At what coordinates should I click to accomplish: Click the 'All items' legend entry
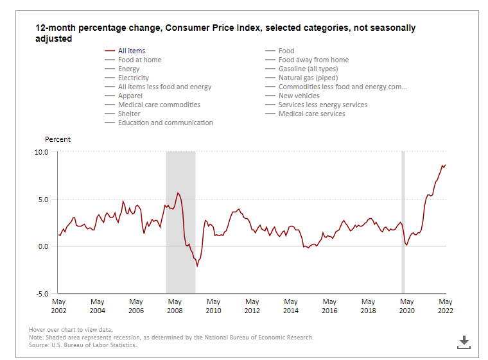(132, 51)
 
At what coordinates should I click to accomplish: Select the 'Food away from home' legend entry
(313, 60)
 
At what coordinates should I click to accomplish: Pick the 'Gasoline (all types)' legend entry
(308, 69)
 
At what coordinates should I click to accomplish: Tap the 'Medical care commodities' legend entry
(159, 105)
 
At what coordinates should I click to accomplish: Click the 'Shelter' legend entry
(129, 114)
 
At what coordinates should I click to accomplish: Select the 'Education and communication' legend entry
(165, 123)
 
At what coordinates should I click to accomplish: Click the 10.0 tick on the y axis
(42, 152)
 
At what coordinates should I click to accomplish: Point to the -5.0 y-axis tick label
(42, 293)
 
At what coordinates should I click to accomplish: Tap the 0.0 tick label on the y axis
(42, 246)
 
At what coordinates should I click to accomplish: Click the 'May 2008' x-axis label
(175, 306)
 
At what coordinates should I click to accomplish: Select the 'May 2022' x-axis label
(445, 306)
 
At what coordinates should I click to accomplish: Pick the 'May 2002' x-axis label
(58, 306)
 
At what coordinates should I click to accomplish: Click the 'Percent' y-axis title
(58, 139)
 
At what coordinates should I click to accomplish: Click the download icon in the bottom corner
(464, 342)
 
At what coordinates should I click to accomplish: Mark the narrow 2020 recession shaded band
(403, 221)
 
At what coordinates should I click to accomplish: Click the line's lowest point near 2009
(197, 266)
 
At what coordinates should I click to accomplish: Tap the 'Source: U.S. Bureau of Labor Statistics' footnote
(83, 345)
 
